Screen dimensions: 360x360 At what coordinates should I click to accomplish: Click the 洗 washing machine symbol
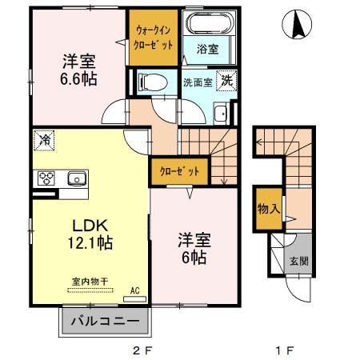228,81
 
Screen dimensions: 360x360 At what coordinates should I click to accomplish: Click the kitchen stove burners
44,178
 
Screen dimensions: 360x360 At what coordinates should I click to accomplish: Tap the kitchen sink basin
76,178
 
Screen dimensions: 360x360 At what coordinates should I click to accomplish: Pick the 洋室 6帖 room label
192,249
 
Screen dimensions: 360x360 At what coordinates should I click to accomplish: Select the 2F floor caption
142,350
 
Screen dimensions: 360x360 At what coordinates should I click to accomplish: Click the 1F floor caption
285,350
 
